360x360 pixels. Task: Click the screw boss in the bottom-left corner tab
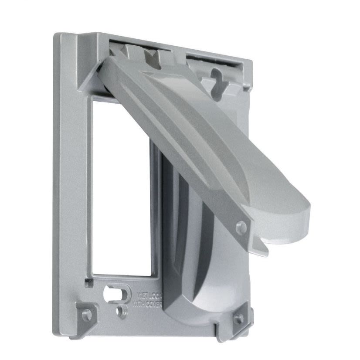(87, 314)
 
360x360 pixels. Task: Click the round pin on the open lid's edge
(240, 228)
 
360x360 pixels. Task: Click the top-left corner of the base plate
(57, 36)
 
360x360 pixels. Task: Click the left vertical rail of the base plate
(70, 183)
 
